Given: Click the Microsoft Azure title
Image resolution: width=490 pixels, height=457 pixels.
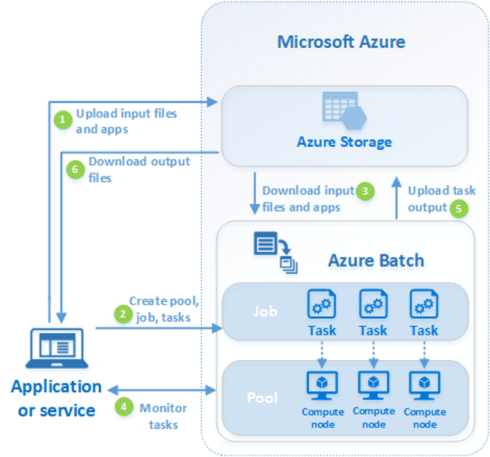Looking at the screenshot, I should point(341,43).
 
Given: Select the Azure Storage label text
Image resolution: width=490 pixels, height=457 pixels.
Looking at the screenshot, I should point(344,141).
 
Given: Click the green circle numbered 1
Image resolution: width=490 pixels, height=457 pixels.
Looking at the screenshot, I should point(63,119).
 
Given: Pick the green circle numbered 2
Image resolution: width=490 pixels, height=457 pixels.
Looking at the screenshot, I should point(121,314).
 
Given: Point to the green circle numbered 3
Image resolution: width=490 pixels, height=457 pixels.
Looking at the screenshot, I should point(366,190).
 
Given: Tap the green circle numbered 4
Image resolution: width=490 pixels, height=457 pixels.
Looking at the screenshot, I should point(123,407).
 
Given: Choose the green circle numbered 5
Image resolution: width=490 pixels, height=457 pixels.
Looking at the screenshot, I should point(458,208).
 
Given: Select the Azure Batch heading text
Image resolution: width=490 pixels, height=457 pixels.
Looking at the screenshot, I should point(376,260).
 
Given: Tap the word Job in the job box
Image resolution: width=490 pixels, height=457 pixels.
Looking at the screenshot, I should point(264,311).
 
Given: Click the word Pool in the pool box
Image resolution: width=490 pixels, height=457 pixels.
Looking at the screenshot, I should point(263,396).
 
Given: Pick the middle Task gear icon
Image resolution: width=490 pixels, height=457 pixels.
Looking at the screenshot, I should point(373,305).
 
